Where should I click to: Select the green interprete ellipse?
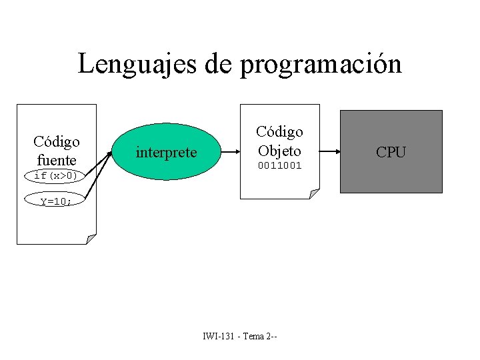coord(166,152)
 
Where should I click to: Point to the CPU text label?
coord(391,152)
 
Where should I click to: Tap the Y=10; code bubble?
coord(56,201)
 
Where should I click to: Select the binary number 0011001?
coord(280,165)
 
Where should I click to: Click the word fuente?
coord(57,160)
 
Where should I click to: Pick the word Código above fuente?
coord(57,142)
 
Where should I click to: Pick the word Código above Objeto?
coord(280,131)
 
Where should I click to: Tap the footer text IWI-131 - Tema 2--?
coord(240,336)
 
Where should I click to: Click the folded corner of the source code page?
coord(91,239)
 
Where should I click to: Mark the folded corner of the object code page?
coord(314,193)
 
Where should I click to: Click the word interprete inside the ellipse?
coord(166,153)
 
